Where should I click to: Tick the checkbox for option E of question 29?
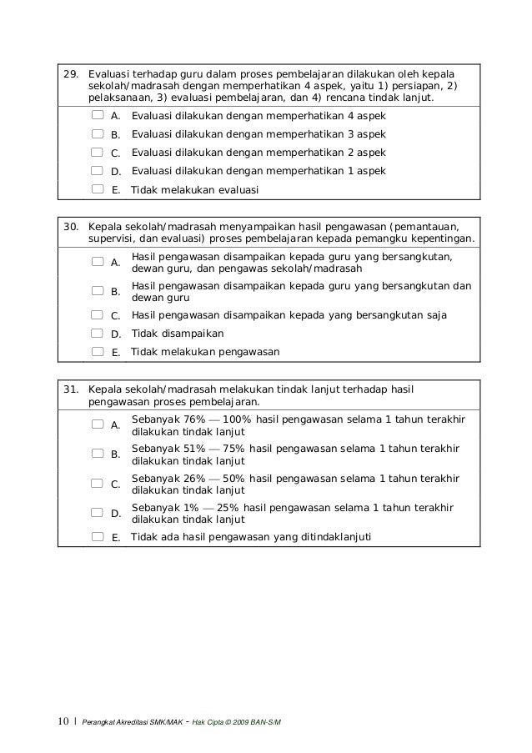[x=98, y=189]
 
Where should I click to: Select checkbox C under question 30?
[x=98, y=315]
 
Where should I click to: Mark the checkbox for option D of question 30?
[x=98, y=334]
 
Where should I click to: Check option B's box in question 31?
[x=98, y=454]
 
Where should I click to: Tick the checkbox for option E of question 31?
[x=98, y=536]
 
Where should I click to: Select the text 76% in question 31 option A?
[x=193, y=419]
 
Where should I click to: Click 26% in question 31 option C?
[x=193, y=478]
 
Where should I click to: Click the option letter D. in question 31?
[x=116, y=514]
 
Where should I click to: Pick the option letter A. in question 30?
[x=116, y=263]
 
